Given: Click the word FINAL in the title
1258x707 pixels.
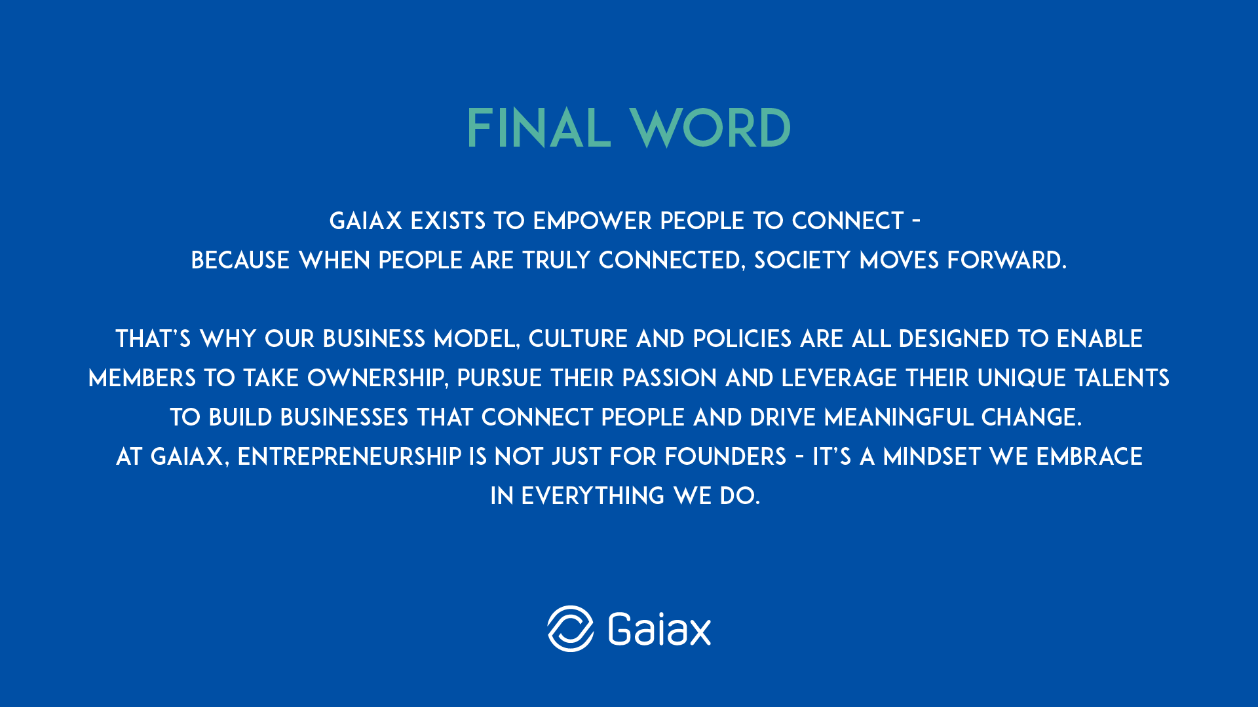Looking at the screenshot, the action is pos(539,128).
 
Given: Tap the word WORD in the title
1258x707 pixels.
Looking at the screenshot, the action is pos(710,128).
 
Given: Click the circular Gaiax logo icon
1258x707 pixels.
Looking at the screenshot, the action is pos(571,628).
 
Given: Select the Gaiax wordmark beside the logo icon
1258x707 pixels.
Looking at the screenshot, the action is pos(660,629).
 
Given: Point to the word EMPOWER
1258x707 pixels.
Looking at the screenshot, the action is pos(593,221).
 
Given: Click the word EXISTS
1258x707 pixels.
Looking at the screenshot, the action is pos(448,221).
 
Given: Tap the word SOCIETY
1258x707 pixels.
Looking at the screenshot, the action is pos(803,261).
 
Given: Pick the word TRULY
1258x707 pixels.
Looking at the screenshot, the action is pos(556,261).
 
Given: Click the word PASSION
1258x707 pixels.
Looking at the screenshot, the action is pos(670,378).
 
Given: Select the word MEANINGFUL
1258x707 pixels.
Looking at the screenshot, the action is pos(898,418).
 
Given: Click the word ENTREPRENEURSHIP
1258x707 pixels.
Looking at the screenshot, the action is pos(349,457).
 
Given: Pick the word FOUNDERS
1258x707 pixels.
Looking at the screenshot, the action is pos(726,457).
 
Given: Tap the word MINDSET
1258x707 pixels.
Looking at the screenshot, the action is pos(932,457).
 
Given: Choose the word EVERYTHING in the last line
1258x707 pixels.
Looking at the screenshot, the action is pos(593,496).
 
